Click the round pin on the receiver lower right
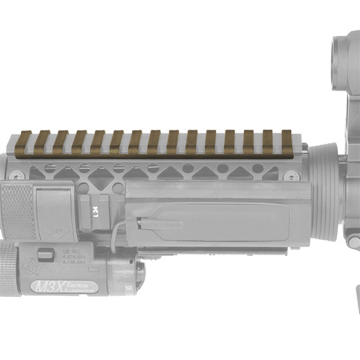pos(354,242)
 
